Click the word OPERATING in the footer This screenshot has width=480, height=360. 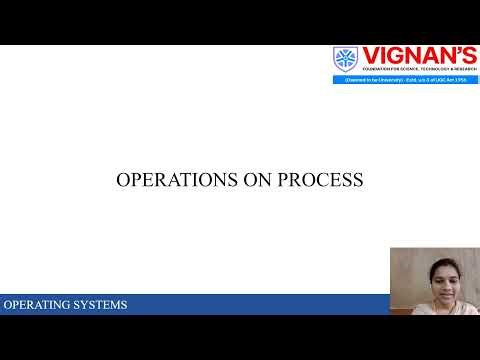coord(37,305)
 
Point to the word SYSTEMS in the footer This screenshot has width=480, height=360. coord(100,305)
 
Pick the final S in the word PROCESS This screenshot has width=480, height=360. coord(358,181)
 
